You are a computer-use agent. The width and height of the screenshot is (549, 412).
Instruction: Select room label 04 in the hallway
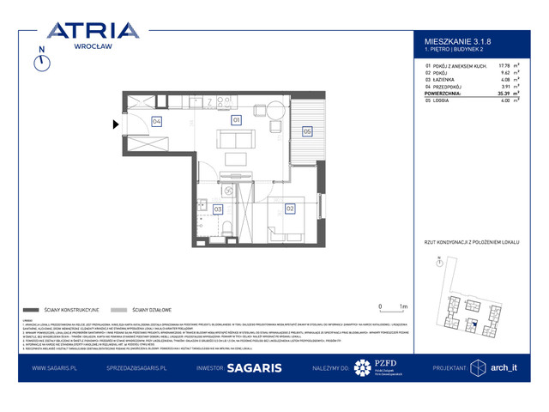(156, 121)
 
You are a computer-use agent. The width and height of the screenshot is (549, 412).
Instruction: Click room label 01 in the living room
(235, 120)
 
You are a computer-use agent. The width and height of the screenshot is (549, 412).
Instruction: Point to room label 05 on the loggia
(306, 131)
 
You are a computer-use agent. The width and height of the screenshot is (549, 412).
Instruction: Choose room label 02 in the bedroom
(289, 208)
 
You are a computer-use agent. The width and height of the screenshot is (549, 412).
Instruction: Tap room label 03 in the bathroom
(218, 209)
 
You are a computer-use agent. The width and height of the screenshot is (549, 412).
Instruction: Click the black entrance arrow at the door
(118, 125)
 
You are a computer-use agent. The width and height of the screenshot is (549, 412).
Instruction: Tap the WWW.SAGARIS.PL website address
(57, 367)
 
